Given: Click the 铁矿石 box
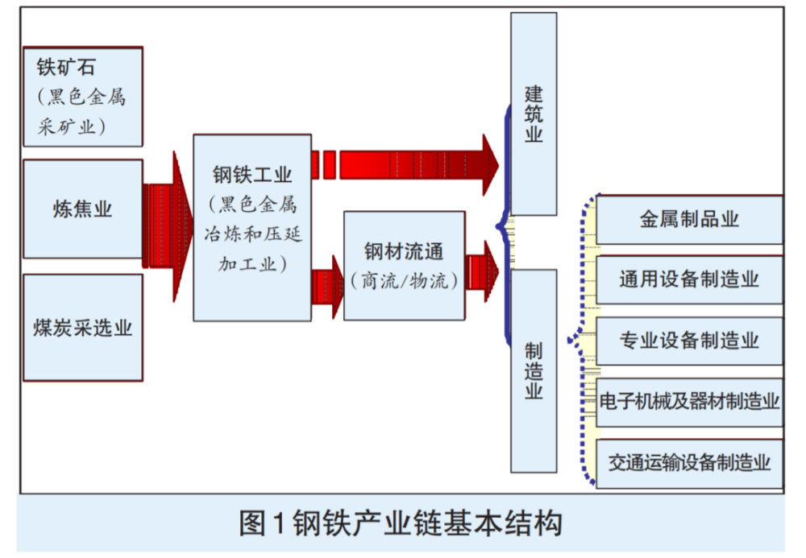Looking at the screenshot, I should click(x=83, y=97).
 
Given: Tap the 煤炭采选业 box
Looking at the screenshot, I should click(x=83, y=328).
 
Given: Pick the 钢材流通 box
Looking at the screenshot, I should click(x=404, y=265).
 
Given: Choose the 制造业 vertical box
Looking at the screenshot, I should click(x=534, y=370).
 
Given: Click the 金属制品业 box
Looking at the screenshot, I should click(x=689, y=220).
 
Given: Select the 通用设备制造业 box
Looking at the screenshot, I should click(x=689, y=279).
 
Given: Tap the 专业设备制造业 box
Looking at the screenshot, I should click(x=689, y=340).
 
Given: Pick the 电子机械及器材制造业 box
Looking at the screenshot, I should click(x=689, y=401).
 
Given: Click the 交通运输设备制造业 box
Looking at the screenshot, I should click(x=689, y=462).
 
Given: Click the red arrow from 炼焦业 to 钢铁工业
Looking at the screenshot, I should click(x=168, y=226).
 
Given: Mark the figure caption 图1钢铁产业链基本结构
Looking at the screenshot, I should click(x=401, y=523).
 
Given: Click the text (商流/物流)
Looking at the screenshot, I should click(x=404, y=281).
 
